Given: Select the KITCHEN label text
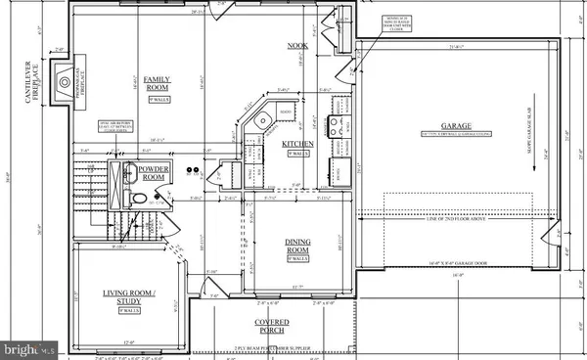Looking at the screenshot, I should click(297, 145).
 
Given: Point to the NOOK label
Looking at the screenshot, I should click(297, 46).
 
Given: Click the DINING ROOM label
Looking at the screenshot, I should click(296, 248).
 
